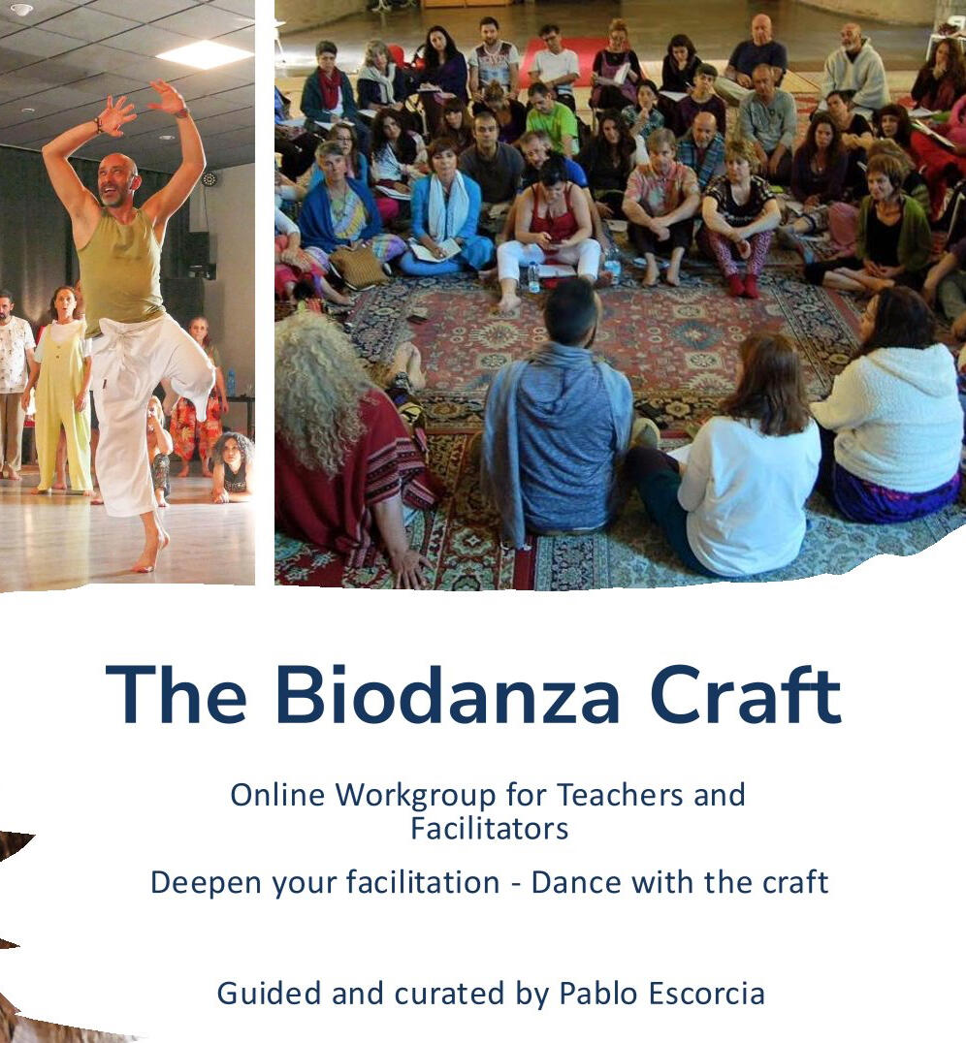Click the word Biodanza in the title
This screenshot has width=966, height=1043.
pyautogui.click(x=447, y=694)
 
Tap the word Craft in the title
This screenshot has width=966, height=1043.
pyautogui.click(x=746, y=693)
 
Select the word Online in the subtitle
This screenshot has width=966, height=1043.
pyautogui.click(x=277, y=795)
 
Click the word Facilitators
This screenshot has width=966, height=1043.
pyautogui.click(x=490, y=829)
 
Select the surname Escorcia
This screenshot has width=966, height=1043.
pyautogui.click(x=706, y=994)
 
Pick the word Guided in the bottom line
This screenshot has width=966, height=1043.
pyautogui.click(x=270, y=994)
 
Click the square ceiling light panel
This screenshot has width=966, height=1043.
pyautogui.click(x=205, y=54)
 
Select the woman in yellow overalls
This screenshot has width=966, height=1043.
pyautogui.click(x=63, y=392)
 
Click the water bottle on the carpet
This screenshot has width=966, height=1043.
pyautogui.click(x=533, y=277)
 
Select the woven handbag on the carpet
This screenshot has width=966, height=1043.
pyautogui.click(x=360, y=267)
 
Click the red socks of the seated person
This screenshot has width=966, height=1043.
pyautogui.click(x=743, y=285)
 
